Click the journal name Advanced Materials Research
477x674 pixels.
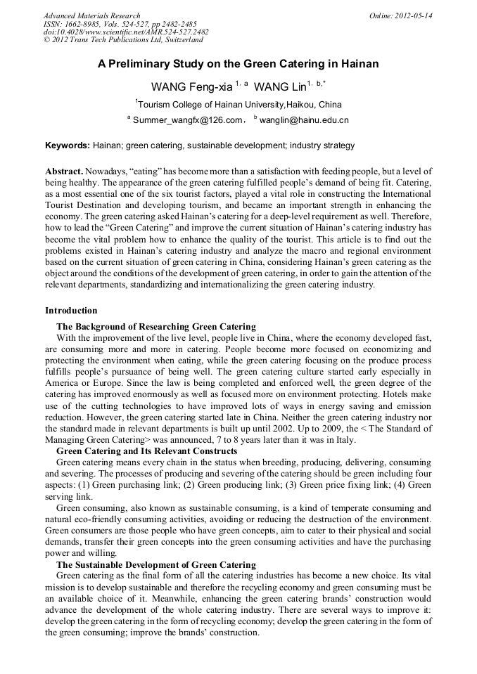pos(92,15)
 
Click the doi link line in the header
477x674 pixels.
pos(126,32)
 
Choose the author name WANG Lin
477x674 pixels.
pos(280,87)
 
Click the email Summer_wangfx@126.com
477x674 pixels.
pos(187,120)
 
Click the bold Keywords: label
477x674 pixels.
pos(68,145)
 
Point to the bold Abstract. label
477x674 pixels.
pos(65,171)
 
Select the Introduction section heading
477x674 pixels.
pos(71,311)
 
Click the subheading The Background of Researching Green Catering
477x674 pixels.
pos(155,327)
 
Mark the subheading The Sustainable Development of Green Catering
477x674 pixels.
pos(156,565)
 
